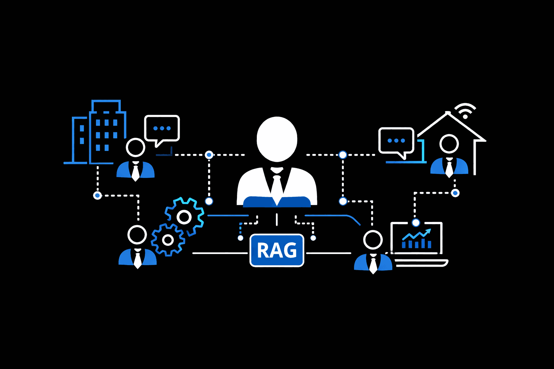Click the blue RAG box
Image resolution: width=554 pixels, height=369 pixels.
pyautogui.click(x=277, y=250)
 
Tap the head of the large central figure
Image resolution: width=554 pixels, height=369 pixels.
pyautogui.click(x=277, y=139)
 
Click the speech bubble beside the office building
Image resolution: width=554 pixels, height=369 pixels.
pyautogui.click(x=162, y=128)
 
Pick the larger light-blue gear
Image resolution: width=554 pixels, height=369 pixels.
pyautogui.click(x=184, y=217)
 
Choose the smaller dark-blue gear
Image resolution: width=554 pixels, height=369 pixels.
pyautogui.click(x=168, y=240)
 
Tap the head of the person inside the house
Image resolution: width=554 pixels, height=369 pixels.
pyautogui.click(x=449, y=144)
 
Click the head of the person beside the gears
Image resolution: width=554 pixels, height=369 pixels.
pyautogui.click(x=137, y=235)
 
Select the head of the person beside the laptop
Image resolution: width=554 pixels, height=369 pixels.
pyautogui.click(x=373, y=240)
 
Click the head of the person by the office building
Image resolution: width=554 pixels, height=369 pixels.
pyautogui.click(x=136, y=147)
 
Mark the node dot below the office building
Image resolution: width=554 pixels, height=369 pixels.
pyautogui.click(x=97, y=195)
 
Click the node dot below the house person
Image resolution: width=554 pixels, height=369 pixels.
pyautogui.click(x=455, y=193)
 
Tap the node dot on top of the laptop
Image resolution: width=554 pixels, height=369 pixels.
pyautogui.click(x=416, y=223)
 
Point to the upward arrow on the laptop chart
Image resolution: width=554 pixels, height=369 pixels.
pyautogui.click(x=428, y=231)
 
